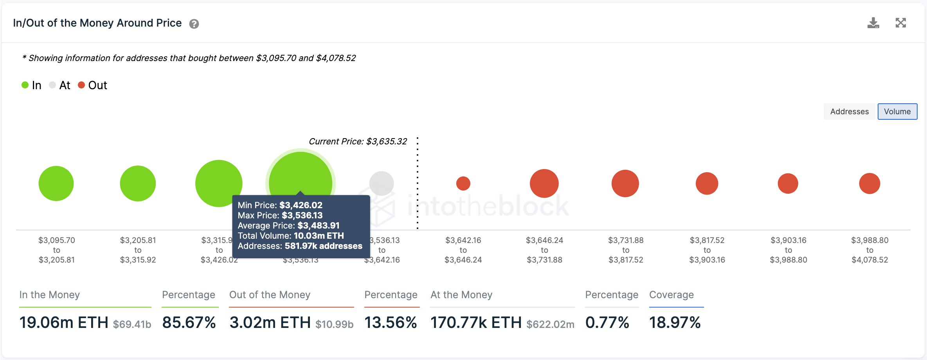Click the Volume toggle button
897,112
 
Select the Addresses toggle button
849,112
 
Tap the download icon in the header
873,23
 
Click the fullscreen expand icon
901,23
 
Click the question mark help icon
194,24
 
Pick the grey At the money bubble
382,183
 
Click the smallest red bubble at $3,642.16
463,183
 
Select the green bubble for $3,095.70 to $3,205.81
56,183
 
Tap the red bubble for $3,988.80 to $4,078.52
869,183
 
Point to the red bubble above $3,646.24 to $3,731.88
544,183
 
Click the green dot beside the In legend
25,85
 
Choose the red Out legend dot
81,85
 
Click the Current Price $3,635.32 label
358,141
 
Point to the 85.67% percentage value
189,322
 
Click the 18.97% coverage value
675,322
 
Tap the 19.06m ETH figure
64,322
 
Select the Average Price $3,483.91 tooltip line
288,225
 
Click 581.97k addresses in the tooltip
323,246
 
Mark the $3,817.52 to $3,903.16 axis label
707,250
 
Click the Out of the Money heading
270,295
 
